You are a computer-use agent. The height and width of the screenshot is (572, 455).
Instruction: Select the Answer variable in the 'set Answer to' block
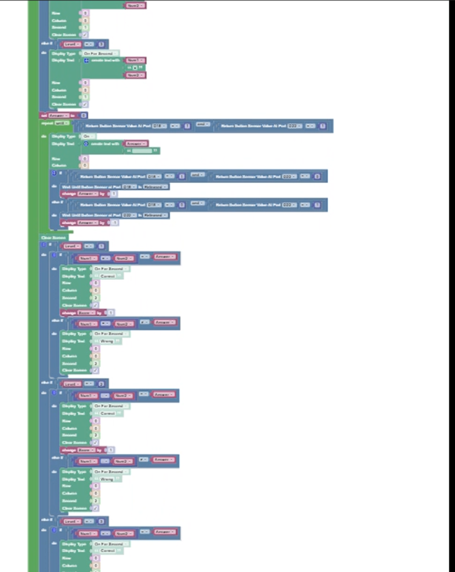tap(59, 115)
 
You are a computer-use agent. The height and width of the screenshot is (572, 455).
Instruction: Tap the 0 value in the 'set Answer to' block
tap(84, 115)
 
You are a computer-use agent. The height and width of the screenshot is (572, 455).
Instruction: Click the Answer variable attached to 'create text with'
tap(136, 143)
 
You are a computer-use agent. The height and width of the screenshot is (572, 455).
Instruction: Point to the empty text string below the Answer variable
tap(142, 151)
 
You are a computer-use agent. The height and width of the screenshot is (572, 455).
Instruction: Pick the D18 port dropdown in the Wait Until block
tap(129, 187)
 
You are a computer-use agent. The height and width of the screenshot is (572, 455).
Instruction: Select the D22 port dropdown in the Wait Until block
tap(129, 215)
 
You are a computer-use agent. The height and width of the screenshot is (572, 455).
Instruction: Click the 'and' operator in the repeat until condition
tap(202, 125)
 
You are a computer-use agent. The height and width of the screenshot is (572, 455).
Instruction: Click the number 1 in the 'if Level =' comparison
tap(101, 246)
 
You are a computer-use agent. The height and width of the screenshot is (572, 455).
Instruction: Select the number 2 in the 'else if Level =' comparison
tap(101, 384)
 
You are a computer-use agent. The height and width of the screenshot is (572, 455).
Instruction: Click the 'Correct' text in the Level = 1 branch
tap(107, 276)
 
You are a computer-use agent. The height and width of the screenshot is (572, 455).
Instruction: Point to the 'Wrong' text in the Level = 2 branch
tap(107, 479)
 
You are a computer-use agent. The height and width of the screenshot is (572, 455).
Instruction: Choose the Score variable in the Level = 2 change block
tap(87, 450)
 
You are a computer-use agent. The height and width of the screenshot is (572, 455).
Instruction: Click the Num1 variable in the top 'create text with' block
tap(135, 61)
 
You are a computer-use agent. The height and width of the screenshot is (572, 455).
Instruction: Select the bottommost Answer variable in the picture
tap(165, 532)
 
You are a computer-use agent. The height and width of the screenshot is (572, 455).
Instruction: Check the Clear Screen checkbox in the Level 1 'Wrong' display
tap(95, 370)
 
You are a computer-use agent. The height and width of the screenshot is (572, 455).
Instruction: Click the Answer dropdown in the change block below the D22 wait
tap(88, 223)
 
